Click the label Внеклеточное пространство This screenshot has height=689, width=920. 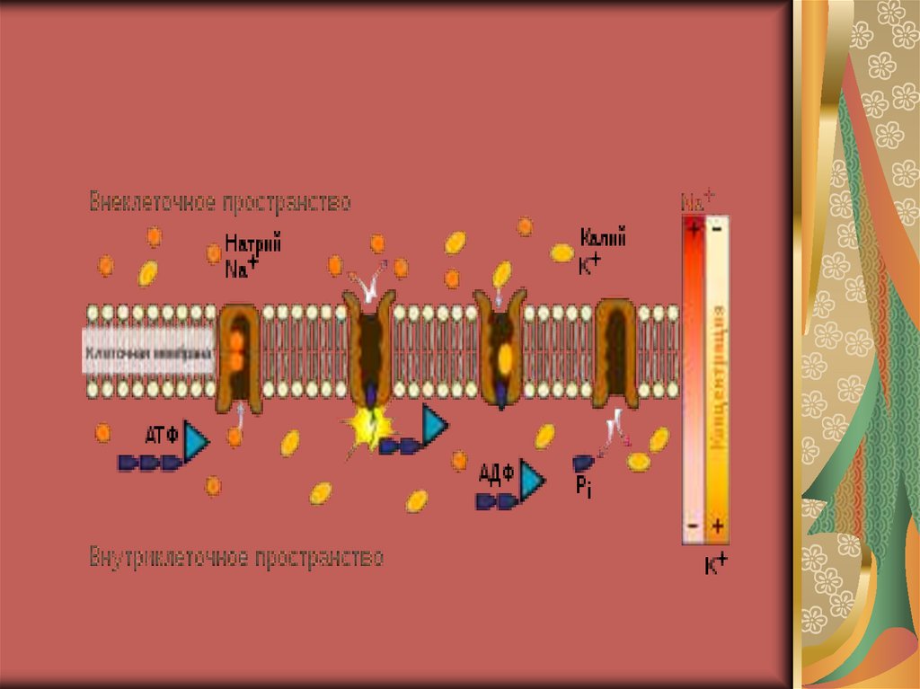click(219, 202)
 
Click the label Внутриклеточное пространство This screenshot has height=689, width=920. click(236, 558)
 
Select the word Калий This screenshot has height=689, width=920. click(603, 239)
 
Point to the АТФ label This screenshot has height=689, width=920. click(162, 436)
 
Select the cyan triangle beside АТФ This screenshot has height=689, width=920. click(196, 441)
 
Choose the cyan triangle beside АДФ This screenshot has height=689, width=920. click(532, 481)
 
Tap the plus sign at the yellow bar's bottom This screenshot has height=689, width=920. click(717, 525)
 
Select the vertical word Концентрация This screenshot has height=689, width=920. click(718, 368)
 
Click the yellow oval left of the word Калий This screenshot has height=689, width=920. click(562, 253)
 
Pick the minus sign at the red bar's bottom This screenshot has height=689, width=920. click(693, 526)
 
